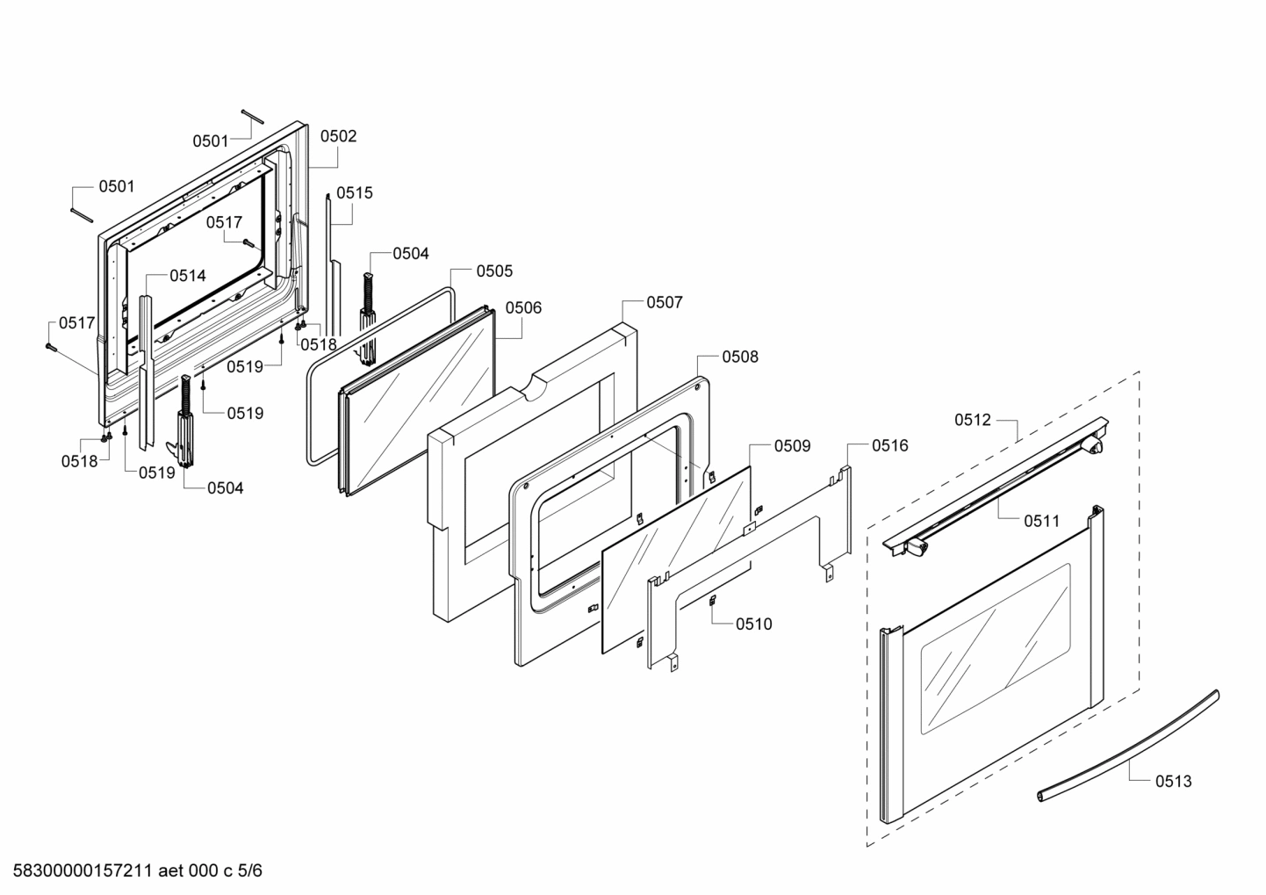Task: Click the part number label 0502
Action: [338, 136]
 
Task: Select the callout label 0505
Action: [494, 271]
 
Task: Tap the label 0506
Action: [523, 308]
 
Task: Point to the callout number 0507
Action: [665, 302]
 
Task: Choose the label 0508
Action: [740, 357]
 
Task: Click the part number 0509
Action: [792, 446]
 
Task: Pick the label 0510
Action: [754, 624]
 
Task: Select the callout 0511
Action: [1041, 521]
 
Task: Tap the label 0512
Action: [973, 420]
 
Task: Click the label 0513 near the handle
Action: [1173, 781]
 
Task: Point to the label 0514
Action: [188, 276]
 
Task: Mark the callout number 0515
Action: [355, 193]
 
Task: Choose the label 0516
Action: [889, 446]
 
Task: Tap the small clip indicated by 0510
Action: [713, 601]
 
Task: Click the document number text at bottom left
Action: [133, 871]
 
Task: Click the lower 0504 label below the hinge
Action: [226, 488]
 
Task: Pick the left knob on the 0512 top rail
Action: [917, 550]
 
